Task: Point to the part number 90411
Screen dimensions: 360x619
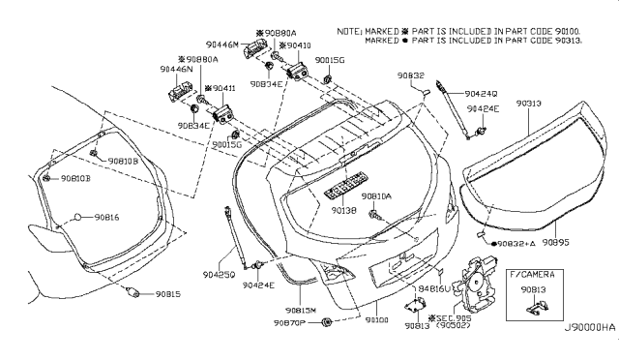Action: point(221,87)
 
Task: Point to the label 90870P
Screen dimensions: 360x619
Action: point(288,322)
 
